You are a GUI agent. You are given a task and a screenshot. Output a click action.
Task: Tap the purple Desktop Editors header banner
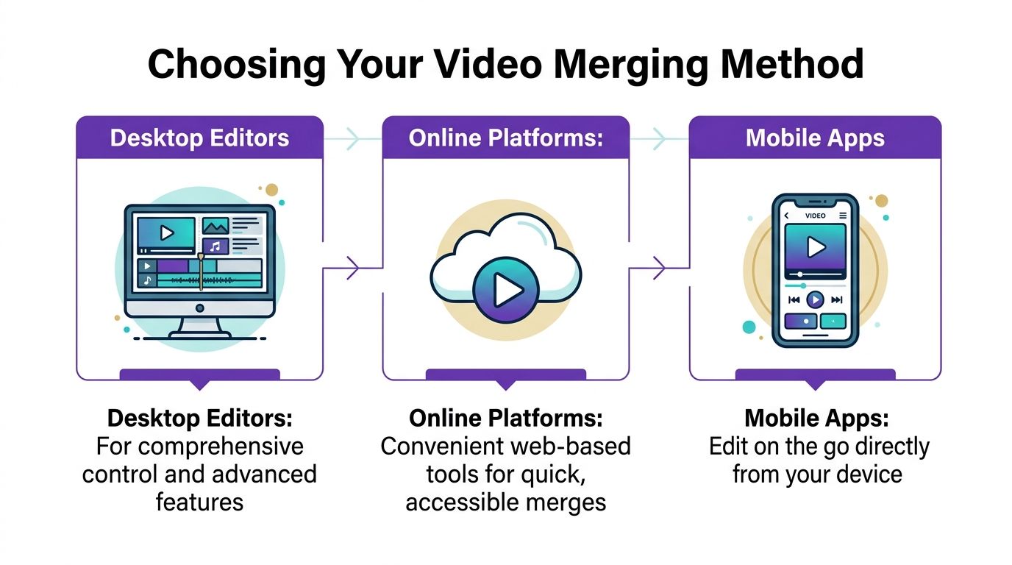tap(199, 138)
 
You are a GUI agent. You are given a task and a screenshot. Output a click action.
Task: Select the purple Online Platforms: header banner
tap(505, 138)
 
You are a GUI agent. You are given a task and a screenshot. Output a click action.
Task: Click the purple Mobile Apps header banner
tap(815, 138)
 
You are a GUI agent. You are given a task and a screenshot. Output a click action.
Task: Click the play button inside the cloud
tap(505, 291)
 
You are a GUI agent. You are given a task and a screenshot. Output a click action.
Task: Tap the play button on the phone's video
tap(815, 248)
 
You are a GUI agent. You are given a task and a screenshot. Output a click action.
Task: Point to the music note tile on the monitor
tap(215, 246)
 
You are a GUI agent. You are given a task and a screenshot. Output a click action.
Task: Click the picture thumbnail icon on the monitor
tap(215, 226)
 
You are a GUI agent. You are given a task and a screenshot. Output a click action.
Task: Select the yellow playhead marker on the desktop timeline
tap(200, 272)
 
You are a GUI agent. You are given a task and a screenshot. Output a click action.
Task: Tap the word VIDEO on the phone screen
tap(815, 216)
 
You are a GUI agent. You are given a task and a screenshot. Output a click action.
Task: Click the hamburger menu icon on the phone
tap(843, 216)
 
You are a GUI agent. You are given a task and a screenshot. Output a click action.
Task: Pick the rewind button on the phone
tap(794, 299)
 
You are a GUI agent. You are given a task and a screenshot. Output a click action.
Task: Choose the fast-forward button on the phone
tap(836, 299)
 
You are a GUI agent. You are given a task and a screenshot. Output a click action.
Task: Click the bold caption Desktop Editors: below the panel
tap(199, 419)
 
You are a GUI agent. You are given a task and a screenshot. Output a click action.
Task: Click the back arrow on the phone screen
tap(786, 216)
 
